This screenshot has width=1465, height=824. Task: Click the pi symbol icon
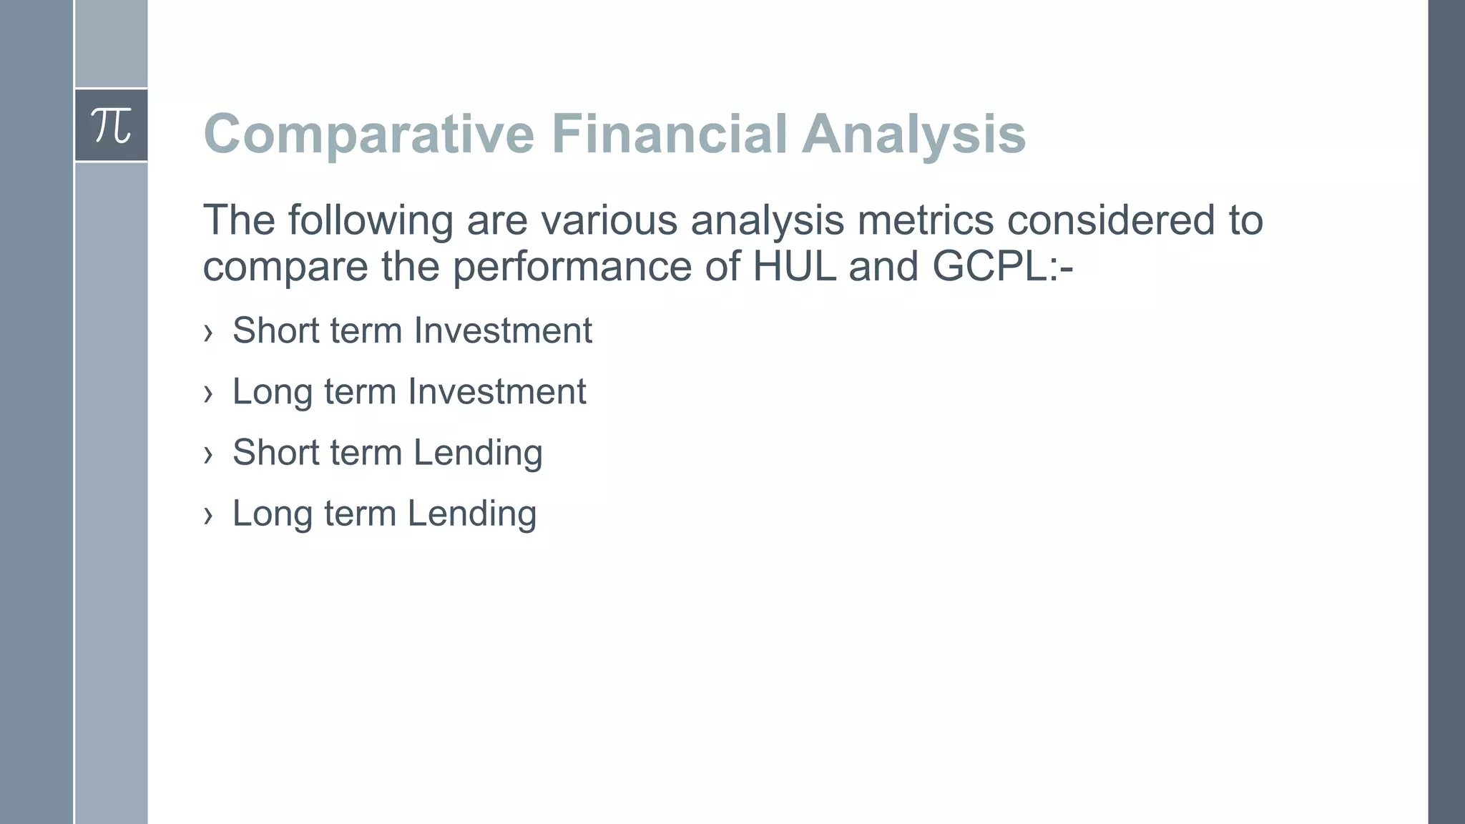[x=111, y=126]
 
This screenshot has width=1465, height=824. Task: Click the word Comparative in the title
[x=368, y=134]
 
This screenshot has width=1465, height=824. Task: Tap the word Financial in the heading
[x=668, y=134]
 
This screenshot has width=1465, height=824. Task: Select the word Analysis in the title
[x=913, y=134]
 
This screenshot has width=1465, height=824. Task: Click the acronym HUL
[x=795, y=266]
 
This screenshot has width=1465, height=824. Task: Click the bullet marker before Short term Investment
[x=208, y=332]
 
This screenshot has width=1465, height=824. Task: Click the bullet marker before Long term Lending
[x=208, y=514]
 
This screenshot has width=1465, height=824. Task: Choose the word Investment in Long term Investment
[x=496, y=391]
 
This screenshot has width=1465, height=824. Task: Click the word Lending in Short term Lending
[x=478, y=453]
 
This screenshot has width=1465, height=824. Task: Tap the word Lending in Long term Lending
[x=472, y=514]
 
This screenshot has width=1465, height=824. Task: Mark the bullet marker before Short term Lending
[x=208, y=453]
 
